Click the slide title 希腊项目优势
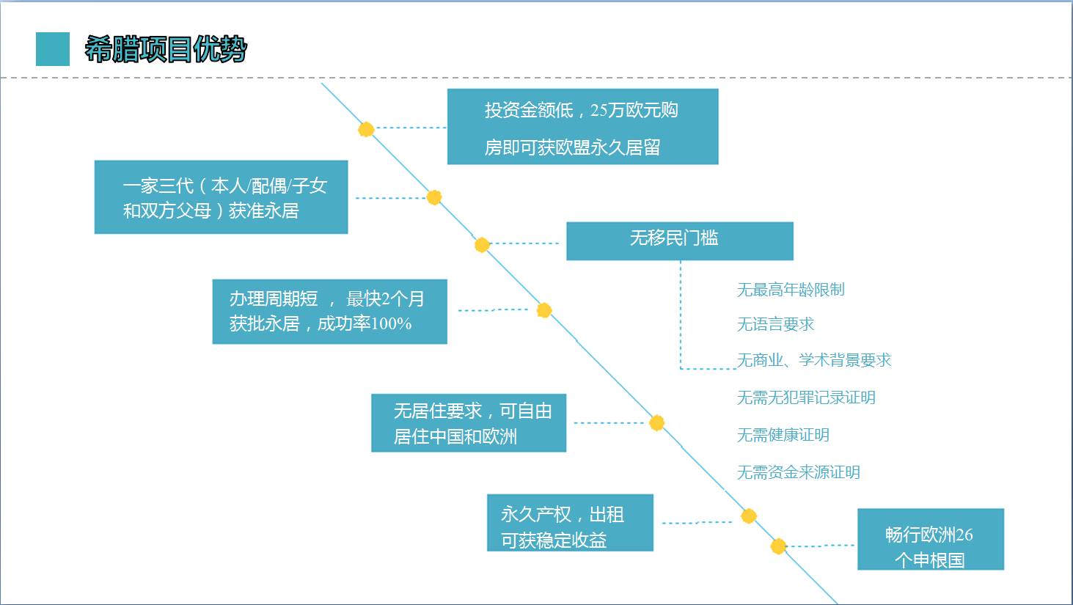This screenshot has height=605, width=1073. (166, 50)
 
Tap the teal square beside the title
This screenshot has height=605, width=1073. (53, 49)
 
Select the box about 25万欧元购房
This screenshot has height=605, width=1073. (582, 127)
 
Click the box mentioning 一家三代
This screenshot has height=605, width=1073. (221, 197)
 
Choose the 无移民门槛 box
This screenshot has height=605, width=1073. (679, 241)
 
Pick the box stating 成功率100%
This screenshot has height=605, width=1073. (329, 312)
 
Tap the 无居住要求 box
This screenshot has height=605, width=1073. (468, 423)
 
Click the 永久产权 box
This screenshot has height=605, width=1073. (570, 523)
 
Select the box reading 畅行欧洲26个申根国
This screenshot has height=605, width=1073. (930, 539)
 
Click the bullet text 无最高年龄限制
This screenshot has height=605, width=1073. (791, 290)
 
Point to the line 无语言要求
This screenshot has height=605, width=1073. (775, 324)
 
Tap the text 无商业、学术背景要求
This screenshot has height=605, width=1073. (813, 360)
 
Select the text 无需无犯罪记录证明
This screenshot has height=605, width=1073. (806, 397)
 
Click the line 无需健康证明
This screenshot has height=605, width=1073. (783, 435)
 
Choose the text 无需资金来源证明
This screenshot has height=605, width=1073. (798, 472)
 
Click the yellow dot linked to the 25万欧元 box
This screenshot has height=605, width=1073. (366, 130)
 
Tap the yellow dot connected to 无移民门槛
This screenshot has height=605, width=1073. (482, 245)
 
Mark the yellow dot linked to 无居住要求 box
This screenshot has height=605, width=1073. (657, 423)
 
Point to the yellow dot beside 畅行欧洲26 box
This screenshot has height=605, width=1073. (778, 546)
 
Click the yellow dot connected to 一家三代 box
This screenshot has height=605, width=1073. (434, 197)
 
